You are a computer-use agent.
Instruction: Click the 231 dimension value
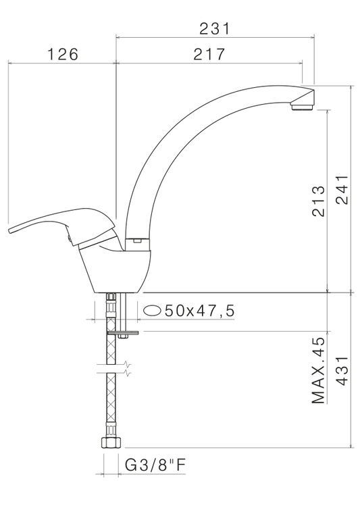click(x=214, y=28)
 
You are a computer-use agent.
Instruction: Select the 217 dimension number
click(x=209, y=54)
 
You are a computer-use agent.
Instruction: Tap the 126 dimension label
click(x=63, y=54)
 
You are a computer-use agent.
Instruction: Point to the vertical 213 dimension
click(x=318, y=201)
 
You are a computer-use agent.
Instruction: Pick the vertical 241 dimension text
click(x=342, y=190)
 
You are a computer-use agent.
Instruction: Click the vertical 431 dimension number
click(x=342, y=371)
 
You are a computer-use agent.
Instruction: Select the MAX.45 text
click(x=318, y=370)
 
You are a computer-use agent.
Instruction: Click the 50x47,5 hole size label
click(x=199, y=311)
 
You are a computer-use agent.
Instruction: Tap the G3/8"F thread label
click(x=155, y=465)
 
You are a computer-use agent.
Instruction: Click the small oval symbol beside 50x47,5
click(x=152, y=311)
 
